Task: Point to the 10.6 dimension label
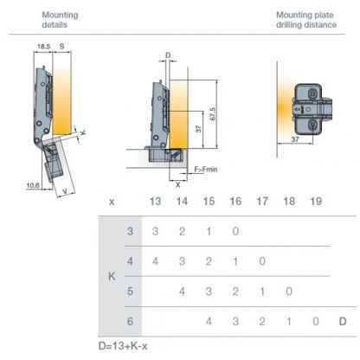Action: (34, 184)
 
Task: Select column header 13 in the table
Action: (156, 201)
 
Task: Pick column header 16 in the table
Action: (235, 201)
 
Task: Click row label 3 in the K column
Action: (130, 232)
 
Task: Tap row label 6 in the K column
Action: (130, 320)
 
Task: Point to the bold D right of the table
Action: (343, 321)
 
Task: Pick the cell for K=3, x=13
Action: (156, 232)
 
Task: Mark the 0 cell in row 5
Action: (289, 292)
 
